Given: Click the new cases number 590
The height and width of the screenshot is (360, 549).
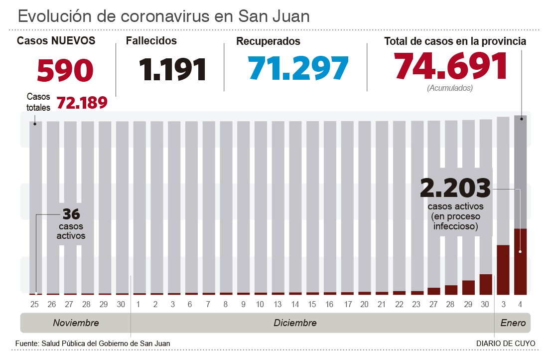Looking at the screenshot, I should tap(65, 70).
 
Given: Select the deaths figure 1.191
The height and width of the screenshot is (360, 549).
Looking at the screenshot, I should tap(173, 70).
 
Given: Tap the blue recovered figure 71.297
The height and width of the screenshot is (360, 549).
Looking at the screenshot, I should tap(298, 68).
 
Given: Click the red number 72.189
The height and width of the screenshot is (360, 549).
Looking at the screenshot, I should tap(82, 103).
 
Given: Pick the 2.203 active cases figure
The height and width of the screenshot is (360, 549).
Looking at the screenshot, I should tap(455, 188).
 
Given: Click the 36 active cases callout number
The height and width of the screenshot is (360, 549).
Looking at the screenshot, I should tap(71, 214).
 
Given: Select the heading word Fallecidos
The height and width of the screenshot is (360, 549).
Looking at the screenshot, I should tap(151, 41).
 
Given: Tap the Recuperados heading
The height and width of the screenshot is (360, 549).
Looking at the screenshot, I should tap(268, 41).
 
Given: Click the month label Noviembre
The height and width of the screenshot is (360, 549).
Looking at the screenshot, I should tap(76, 323).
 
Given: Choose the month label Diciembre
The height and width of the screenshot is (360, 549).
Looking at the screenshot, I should tap(295, 323).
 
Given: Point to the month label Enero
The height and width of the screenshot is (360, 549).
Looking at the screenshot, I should tap(513, 323).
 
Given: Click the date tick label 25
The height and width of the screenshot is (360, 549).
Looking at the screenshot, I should tap(35, 304).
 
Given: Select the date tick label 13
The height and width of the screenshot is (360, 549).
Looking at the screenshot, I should tap(277, 304).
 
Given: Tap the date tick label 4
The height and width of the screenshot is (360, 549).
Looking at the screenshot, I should tap(521, 304).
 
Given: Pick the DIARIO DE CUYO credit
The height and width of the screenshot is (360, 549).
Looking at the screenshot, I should tap(506, 344).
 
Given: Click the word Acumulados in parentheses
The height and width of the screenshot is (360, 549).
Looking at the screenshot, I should tap(450, 88).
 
